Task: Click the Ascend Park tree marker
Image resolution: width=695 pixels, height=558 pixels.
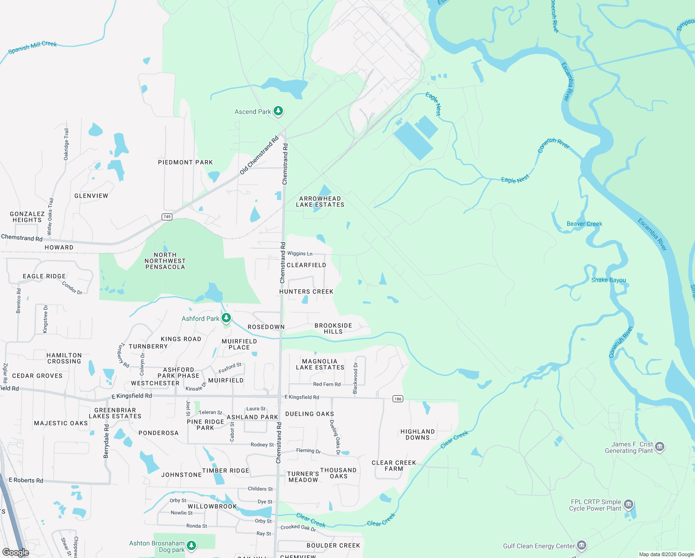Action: pos(278,111)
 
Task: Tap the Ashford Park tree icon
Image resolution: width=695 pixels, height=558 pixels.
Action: pos(226,318)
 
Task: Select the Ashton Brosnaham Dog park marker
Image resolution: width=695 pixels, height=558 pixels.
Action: pos(191,545)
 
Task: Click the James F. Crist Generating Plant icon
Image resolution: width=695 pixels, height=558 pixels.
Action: pos(660,447)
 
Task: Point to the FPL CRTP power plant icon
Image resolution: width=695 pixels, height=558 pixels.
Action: pos(628,505)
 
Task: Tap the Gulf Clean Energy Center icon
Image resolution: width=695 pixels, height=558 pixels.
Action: pos(581,546)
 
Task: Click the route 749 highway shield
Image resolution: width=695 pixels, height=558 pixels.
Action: pos(167,217)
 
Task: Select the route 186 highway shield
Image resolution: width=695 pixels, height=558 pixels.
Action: pos(398,399)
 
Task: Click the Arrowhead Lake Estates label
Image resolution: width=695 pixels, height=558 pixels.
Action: pos(320,202)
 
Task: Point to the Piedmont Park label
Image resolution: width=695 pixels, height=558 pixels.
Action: pos(185,162)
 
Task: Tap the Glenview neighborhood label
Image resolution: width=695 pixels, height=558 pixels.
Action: pos(91,196)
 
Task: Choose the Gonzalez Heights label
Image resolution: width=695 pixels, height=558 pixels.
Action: pos(27,217)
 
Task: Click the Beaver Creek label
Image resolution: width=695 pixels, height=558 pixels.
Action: pos(584,224)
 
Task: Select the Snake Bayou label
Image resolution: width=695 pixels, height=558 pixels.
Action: pos(608,280)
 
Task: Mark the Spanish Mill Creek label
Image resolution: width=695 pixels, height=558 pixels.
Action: pos(33,47)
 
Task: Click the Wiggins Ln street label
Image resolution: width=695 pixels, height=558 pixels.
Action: pos(300,253)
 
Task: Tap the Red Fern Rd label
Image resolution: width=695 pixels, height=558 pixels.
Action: pos(327,384)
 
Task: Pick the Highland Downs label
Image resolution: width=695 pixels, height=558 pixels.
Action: pos(418,435)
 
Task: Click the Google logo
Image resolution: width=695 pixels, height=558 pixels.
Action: pos(15,552)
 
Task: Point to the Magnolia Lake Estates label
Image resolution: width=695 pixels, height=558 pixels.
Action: pos(320,365)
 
